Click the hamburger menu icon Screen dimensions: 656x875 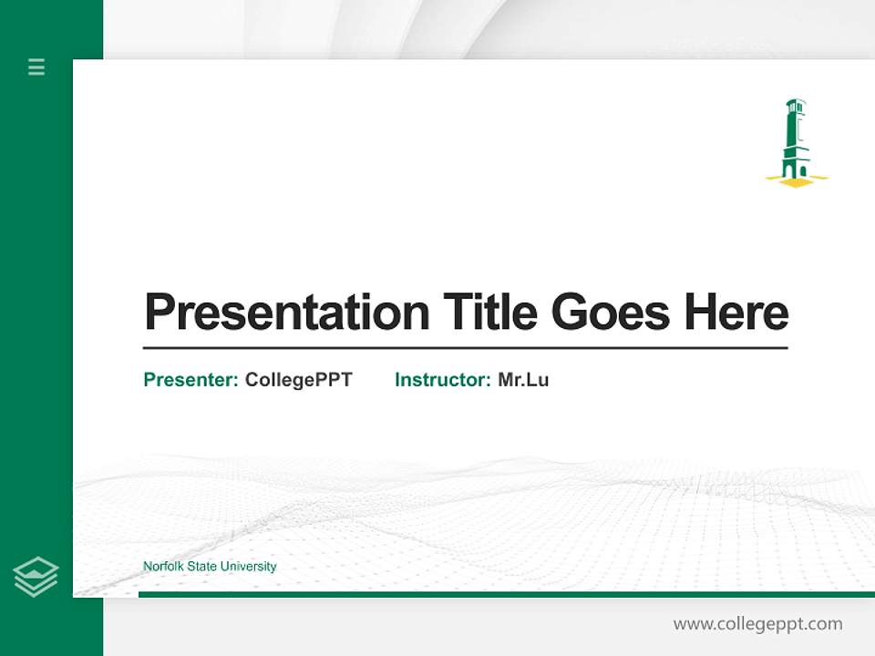(x=36, y=67)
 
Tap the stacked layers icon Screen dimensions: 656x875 (x=36, y=577)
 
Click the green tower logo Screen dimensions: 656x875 (x=796, y=141)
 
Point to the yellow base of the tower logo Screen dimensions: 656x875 (x=797, y=180)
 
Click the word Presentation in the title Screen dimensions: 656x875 (x=286, y=313)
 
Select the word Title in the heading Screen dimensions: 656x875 (x=490, y=313)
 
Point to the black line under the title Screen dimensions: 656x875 (x=465, y=347)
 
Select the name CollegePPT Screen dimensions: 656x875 (x=298, y=380)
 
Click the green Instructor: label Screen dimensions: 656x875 (x=443, y=380)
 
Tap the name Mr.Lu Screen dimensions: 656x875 (x=523, y=380)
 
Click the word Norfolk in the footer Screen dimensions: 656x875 (x=162, y=567)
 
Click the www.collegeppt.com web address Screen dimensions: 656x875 (x=757, y=624)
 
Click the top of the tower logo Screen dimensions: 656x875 (x=795, y=104)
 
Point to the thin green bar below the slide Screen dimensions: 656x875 (x=506, y=594)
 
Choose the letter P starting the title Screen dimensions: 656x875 (x=160, y=313)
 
